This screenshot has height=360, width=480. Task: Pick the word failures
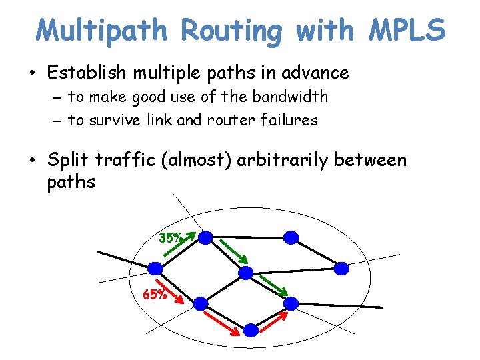pos(288,120)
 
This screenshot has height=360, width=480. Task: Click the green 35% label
pos(170,237)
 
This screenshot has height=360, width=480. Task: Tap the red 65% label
pos(155,294)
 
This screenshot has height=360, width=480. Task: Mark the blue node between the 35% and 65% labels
pos(155,268)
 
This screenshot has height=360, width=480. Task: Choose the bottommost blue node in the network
pos(250,329)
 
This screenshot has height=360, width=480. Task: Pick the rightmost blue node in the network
pos(341,268)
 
